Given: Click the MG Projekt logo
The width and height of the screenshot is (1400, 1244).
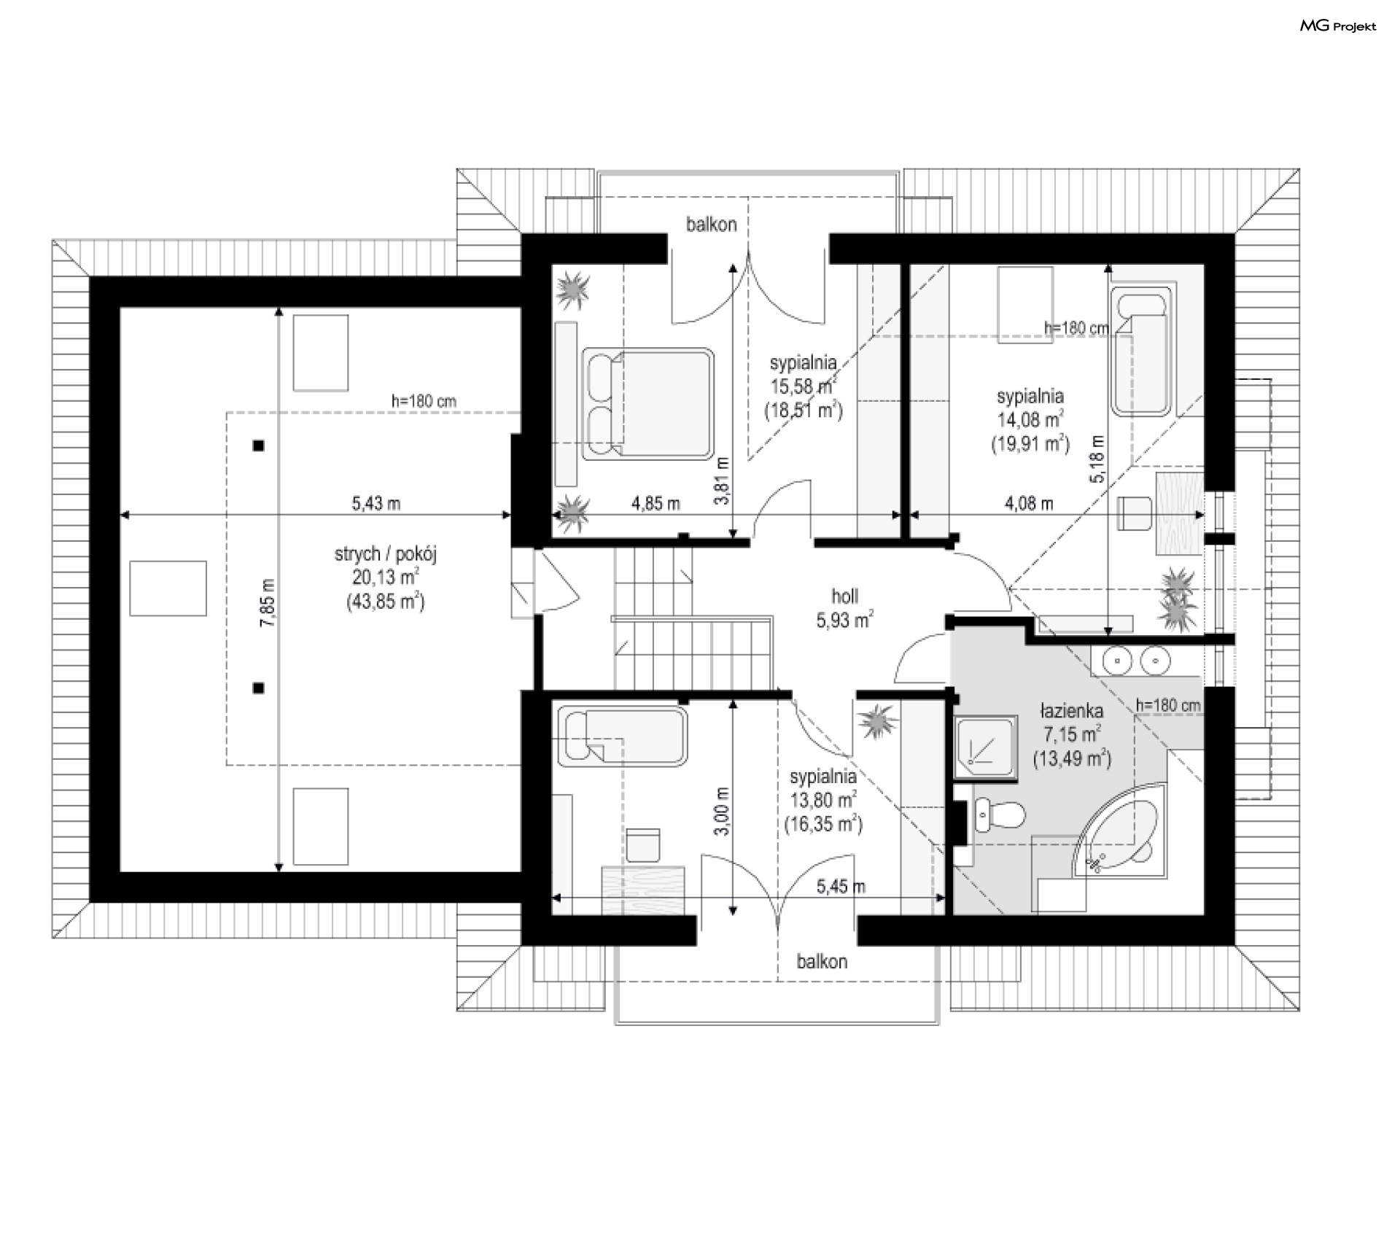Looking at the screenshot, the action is [1338, 26].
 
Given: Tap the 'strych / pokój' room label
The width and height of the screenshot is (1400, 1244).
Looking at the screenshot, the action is [386, 554].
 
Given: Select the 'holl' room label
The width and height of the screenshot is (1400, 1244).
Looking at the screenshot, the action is [845, 596].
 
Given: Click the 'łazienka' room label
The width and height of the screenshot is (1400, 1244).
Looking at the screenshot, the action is [1071, 711].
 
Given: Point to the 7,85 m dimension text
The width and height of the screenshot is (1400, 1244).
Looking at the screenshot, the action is [270, 603].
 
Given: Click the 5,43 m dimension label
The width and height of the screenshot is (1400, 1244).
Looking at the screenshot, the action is [376, 503].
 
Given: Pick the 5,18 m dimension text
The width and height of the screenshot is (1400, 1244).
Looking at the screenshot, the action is [1097, 460].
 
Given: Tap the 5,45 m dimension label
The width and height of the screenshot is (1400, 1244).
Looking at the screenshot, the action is [841, 887].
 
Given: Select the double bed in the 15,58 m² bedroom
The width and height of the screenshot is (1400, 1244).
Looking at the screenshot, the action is [647, 404].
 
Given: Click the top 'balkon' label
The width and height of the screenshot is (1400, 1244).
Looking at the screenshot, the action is [711, 225].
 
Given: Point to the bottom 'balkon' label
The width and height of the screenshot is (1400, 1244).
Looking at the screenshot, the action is [822, 962].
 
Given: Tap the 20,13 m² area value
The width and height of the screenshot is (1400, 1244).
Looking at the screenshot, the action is [386, 578].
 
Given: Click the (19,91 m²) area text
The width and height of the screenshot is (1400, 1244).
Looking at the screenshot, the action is [1030, 443].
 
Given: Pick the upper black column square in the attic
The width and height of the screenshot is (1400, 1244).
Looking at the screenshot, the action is [258, 446].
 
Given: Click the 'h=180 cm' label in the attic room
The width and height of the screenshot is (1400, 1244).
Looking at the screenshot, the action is [424, 401].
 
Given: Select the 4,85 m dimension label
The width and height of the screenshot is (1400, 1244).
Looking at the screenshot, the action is [656, 503].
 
